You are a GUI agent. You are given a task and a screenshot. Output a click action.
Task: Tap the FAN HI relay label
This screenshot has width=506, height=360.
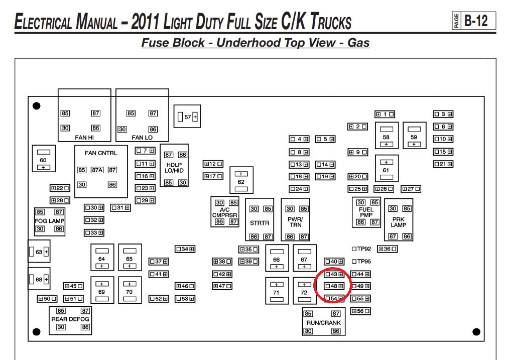coord(84,138)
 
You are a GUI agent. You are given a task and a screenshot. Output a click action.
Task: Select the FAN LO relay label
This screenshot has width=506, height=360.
coord(142,138)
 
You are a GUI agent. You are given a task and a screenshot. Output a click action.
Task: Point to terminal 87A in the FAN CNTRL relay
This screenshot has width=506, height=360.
coord(97,170)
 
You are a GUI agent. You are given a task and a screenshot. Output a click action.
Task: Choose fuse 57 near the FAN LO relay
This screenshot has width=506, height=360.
coord(187,116)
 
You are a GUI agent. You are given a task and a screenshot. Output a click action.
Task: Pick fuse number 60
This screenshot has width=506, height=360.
coord(44,159)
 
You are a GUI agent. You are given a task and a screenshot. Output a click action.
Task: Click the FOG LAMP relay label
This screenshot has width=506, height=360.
coord(49,221)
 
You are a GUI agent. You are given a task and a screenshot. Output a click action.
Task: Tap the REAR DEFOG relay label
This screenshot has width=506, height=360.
coord(70,319)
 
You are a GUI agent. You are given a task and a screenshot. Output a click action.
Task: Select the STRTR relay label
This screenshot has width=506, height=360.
coord(260,223)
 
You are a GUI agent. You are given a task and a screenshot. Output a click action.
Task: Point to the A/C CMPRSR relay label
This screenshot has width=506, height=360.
coord(224,212)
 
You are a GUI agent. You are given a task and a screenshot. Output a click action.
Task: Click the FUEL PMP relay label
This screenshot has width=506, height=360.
coord(366,212)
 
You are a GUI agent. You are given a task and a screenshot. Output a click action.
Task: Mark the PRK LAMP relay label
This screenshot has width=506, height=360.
coord(398,222)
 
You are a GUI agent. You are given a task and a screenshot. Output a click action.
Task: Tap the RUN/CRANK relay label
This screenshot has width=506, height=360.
coord(323,322)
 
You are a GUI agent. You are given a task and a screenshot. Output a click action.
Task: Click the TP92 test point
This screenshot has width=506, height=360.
coord(361,249)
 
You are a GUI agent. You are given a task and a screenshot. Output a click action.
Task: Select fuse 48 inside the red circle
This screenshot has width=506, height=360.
coord(334,286)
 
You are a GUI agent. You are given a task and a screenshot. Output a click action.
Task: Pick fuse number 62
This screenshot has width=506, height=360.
coord(241,180)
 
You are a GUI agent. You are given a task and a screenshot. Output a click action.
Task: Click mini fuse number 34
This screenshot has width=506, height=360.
coord(185,249)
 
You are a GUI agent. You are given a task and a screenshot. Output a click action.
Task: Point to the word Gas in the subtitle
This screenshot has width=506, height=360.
coord(358,43)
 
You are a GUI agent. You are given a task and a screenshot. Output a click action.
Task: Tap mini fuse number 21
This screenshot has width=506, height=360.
coord(443,164)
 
